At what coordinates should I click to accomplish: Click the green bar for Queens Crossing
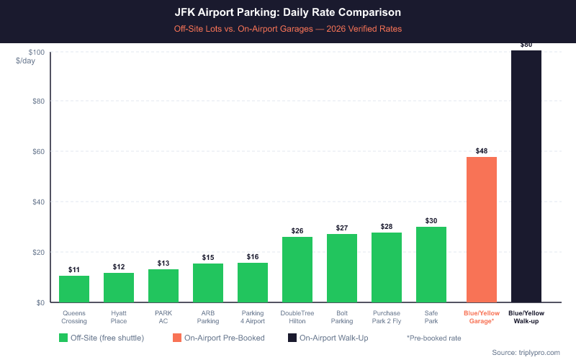click(74, 289)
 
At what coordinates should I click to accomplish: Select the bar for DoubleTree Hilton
click(297, 269)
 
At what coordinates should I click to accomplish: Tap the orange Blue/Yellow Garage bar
click(482, 230)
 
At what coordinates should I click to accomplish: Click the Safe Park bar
click(431, 264)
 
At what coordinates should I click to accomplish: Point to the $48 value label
click(482, 151)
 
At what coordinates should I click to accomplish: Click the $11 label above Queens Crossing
click(74, 270)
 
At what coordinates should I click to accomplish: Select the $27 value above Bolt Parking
click(342, 228)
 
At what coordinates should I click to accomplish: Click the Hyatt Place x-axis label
click(119, 317)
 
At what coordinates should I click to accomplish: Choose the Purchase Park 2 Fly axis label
click(387, 317)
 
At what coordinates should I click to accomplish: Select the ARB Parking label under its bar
click(208, 317)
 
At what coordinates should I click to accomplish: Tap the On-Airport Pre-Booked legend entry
click(219, 337)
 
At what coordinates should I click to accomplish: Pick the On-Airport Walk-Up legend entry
click(329, 337)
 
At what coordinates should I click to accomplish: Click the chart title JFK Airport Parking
click(288, 13)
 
